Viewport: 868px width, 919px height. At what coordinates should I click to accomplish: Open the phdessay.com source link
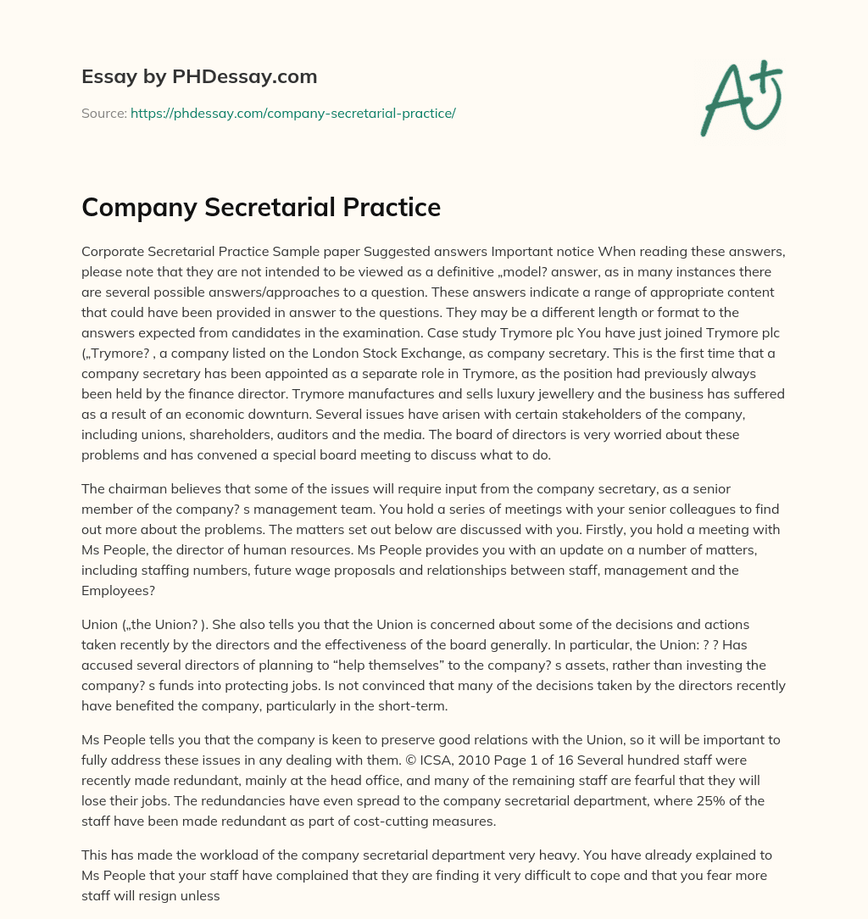click(x=293, y=113)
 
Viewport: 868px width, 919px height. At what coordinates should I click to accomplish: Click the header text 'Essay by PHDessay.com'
click(x=199, y=77)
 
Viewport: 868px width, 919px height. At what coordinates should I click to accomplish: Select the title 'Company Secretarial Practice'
click(x=261, y=207)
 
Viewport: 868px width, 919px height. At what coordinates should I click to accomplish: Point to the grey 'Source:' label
click(x=103, y=113)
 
